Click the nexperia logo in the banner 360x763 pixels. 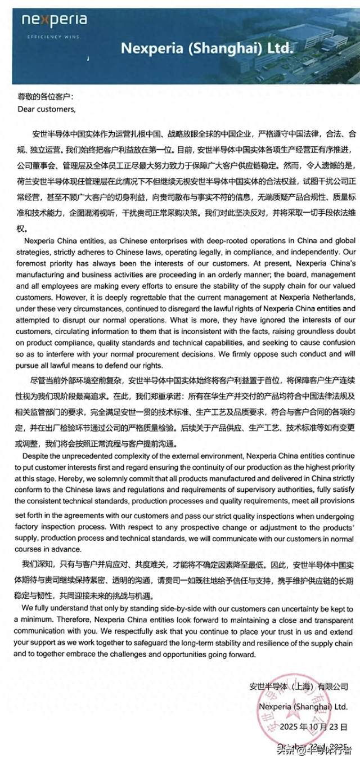(x=54, y=21)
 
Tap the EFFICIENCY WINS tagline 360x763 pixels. (x=54, y=37)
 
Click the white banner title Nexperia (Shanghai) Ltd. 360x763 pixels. (x=206, y=48)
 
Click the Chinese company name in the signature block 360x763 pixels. (x=298, y=686)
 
